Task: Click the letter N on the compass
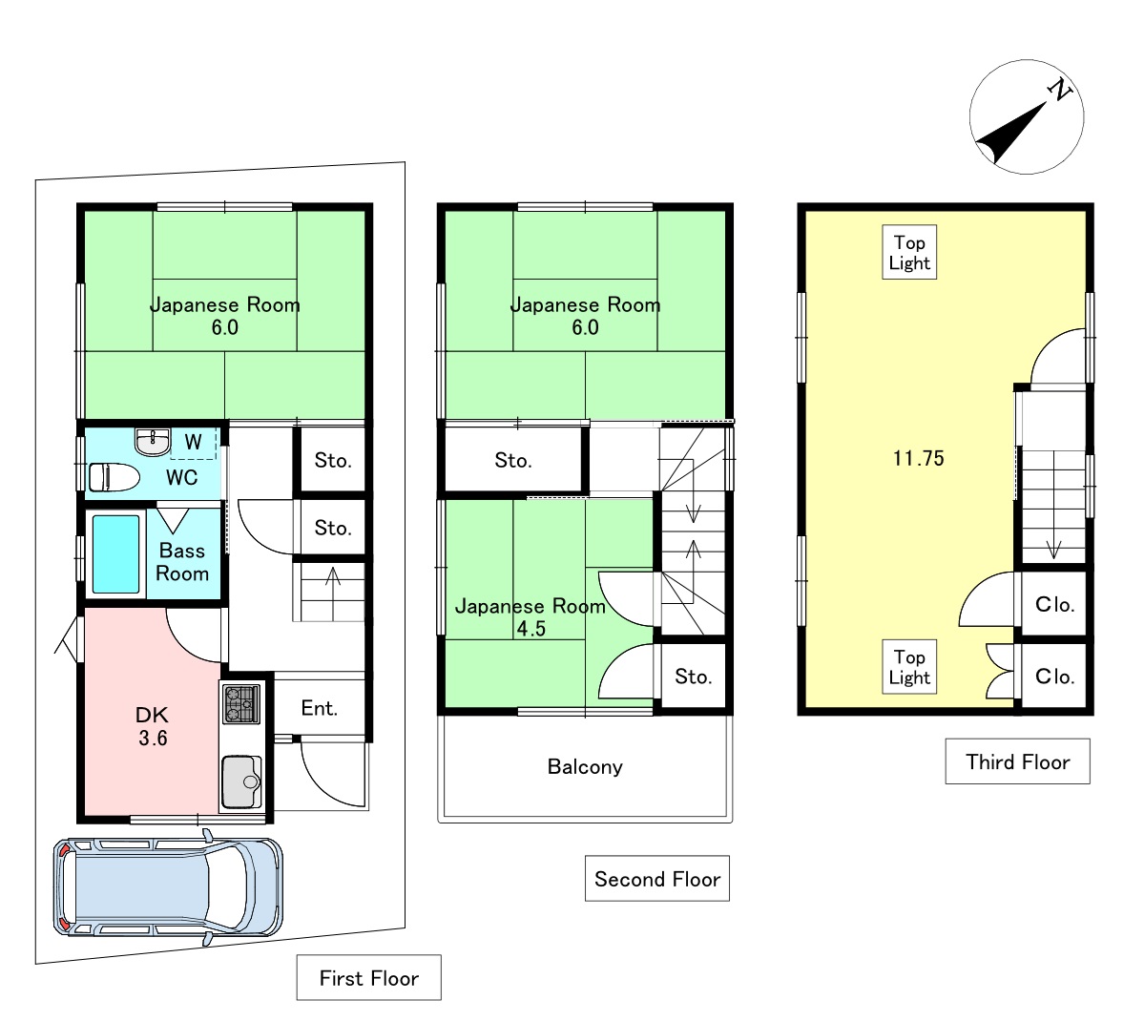[x=1059, y=90]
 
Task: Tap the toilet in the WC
[x=114, y=477]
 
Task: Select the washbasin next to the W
[x=153, y=442]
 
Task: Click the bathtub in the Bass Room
[x=115, y=554]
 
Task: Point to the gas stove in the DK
[x=241, y=703]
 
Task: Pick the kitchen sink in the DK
[x=241, y=781]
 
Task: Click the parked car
[x=168, y=886]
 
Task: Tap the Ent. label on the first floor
[x=320, y=708]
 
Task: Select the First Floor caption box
[x=368, y=977]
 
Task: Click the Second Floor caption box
[x=656, y=878]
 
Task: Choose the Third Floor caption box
[x=1018, y=761]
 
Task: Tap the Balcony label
[x=585, y=766]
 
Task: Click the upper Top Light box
[x=909, y=252]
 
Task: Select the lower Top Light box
[x=909, y=667]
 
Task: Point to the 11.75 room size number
[x=919, y=458]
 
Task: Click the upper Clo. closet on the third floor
[x=1053, y=604]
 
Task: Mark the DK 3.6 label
[x=153, y=726]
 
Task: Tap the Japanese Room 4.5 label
[x=530, y=616]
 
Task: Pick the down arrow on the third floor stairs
[x=1053, y=540]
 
